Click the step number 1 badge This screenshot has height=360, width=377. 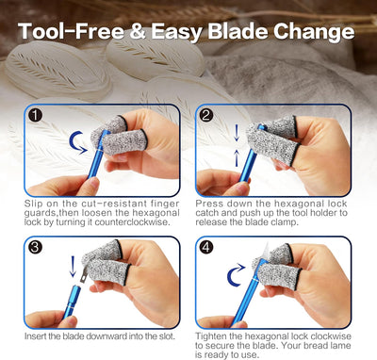tap(35, 115)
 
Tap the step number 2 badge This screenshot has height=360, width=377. tap(206, 115)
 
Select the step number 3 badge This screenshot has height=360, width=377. tap(35, 247)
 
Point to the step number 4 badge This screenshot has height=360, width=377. tap(206, 247)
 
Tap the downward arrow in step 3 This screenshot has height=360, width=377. tap(73, 267)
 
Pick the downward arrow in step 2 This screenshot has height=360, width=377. tap(237, 133)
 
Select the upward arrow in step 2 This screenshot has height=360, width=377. tap(237, 157)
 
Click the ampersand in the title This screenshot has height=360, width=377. tap(138, 31)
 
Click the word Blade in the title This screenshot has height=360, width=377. tap(238, 31)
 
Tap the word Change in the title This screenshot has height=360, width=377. tap(314, 32)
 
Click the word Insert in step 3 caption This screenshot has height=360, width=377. tap(35, 336)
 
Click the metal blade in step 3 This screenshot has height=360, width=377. tap(85, 272)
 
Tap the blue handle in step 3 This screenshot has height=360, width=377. tap(72, 302)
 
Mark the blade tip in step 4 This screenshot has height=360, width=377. tap(268, 244)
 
